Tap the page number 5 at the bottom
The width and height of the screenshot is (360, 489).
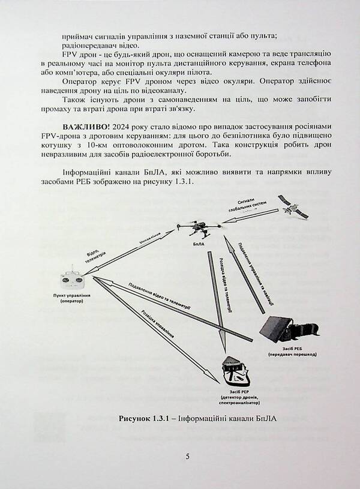click(x=188, y=457)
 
